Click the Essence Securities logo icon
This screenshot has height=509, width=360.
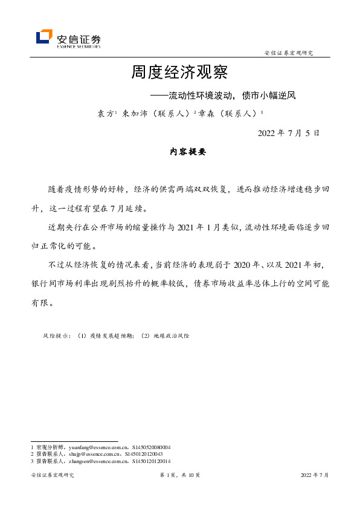[x=44, y=37]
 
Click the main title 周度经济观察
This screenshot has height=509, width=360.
[x=179, y=73]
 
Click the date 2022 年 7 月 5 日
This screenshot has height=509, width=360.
[x=288, y=133]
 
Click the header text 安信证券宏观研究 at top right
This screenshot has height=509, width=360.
[x=289, y=53]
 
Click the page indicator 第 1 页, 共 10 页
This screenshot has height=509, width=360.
[x=179, y=476]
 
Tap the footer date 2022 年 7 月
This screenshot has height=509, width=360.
[x=315, y=476]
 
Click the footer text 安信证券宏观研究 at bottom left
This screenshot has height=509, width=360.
[x=52, y=476]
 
